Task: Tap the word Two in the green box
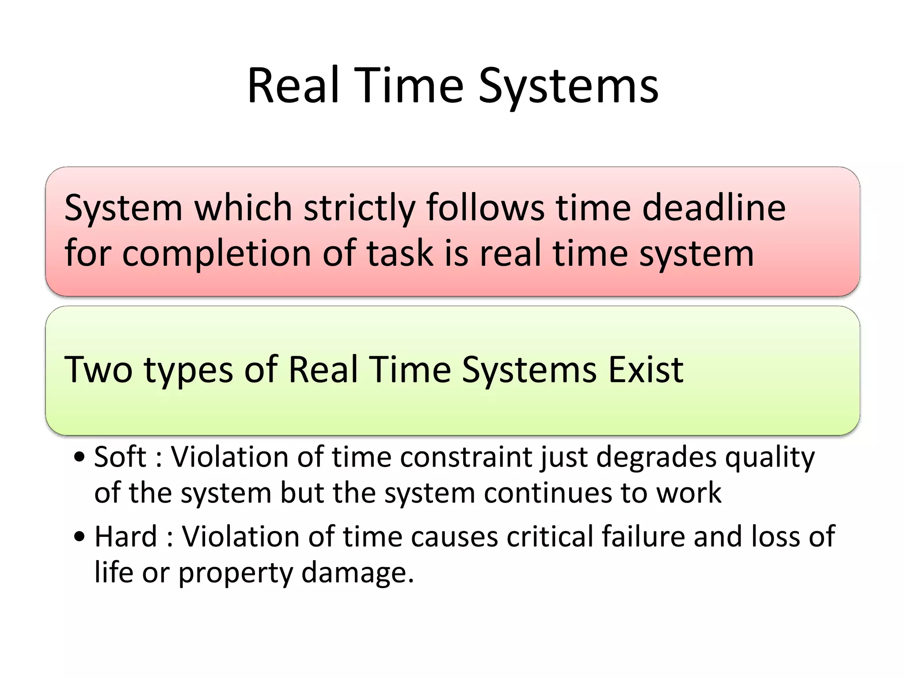98,369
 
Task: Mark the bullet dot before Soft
80,457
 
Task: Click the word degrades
656,457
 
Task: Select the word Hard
126,536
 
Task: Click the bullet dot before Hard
80,537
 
